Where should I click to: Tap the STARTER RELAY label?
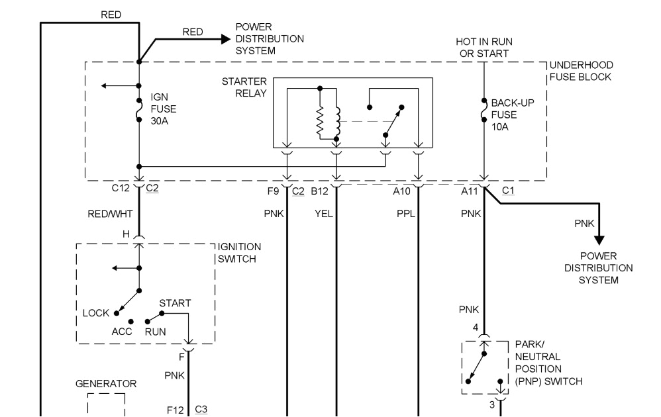point(244,87)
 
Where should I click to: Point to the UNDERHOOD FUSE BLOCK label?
point(582,71)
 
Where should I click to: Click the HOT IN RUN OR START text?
point(483,47)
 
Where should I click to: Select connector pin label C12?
point(121,188)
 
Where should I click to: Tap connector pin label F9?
point(273,191)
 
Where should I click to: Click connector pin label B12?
point(319,191)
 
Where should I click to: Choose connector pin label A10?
point(402,191)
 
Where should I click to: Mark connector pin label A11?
point(470,191)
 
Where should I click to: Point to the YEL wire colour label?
point(323,213)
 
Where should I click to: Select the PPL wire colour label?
point(405,213)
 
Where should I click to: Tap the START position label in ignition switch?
point(175,303)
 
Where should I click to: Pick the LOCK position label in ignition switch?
point(96,312)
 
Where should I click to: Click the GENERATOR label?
point(106,384)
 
